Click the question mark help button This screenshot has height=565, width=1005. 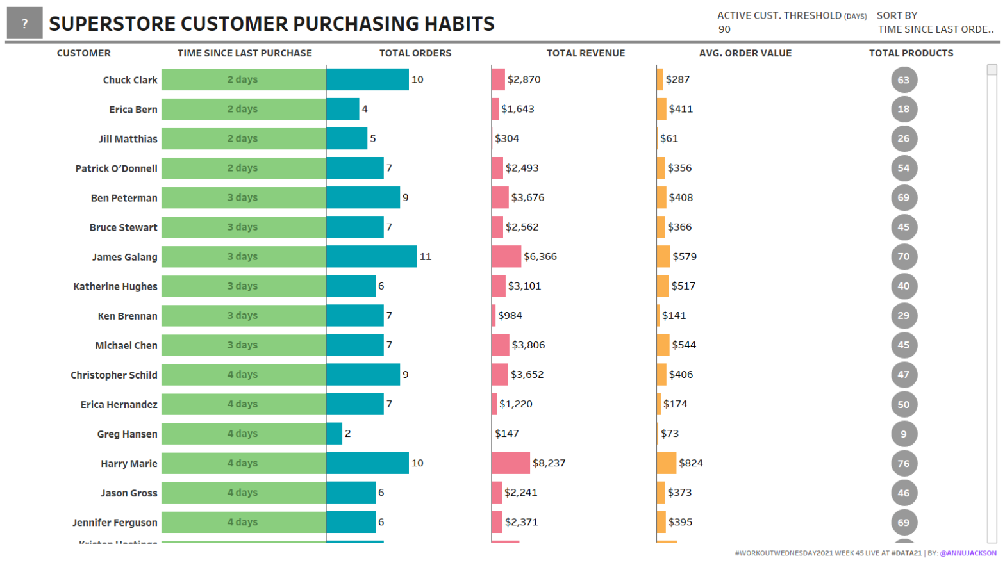pos(24,24)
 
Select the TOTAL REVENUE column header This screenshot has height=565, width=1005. pos(585,53)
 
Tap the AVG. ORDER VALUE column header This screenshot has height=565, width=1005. pos(745,53)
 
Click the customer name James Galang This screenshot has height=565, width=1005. pos(124,257)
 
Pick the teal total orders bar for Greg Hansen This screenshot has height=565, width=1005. pos(334,434)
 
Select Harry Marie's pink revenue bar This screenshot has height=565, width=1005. pos(510,463)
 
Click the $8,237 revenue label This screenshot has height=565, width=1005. pos(549,463)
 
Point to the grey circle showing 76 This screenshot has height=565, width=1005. pos(903,463)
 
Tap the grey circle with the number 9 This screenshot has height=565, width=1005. pos(903,434)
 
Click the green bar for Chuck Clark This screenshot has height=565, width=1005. pos(243,79)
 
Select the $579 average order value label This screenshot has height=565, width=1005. pos(684,256)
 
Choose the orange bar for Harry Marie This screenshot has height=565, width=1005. pos(666,463)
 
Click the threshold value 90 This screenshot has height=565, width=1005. pos(724,29)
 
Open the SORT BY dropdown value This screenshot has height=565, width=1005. pos(935,29)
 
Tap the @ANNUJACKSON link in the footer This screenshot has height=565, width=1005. pos(968,553)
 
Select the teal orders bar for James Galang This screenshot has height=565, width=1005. pos(371,256)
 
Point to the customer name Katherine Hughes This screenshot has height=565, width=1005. pos(115,286)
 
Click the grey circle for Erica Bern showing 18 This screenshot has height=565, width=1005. pos(903,109)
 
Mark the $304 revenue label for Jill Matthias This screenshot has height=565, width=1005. pos(506,138)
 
